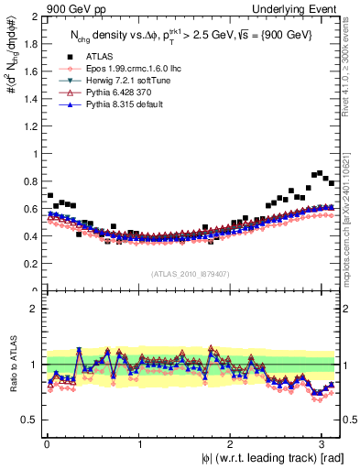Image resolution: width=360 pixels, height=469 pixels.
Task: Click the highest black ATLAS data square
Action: pos(318,172)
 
